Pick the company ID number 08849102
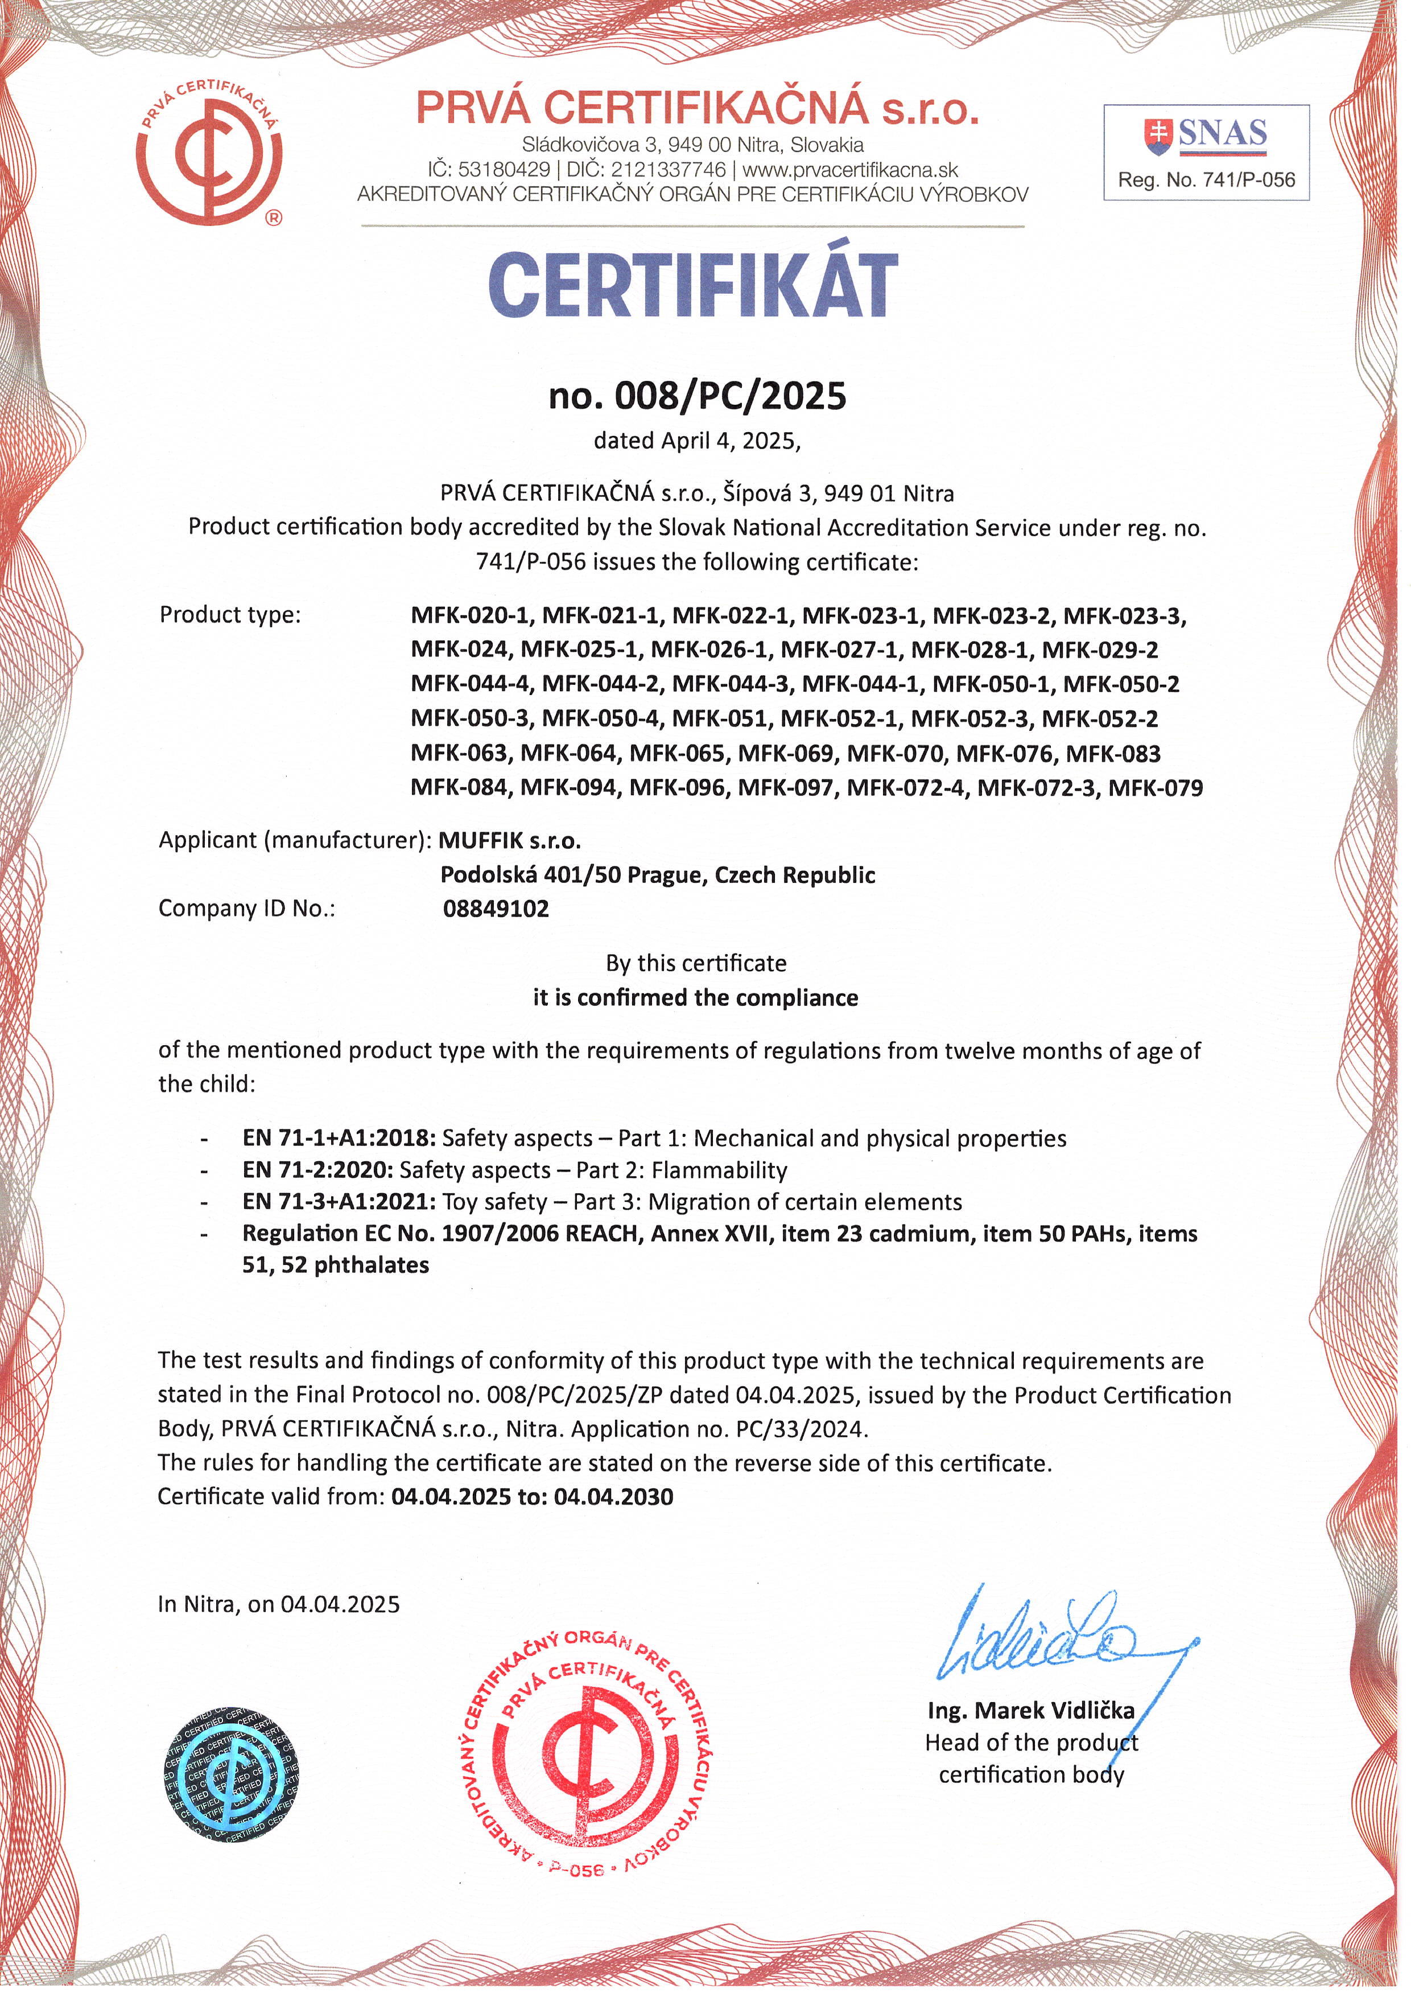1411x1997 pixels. (496, 909)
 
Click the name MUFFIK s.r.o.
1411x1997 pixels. (509, 840)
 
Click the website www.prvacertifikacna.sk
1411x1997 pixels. (850, 170)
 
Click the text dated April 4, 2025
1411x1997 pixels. (696, 441)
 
